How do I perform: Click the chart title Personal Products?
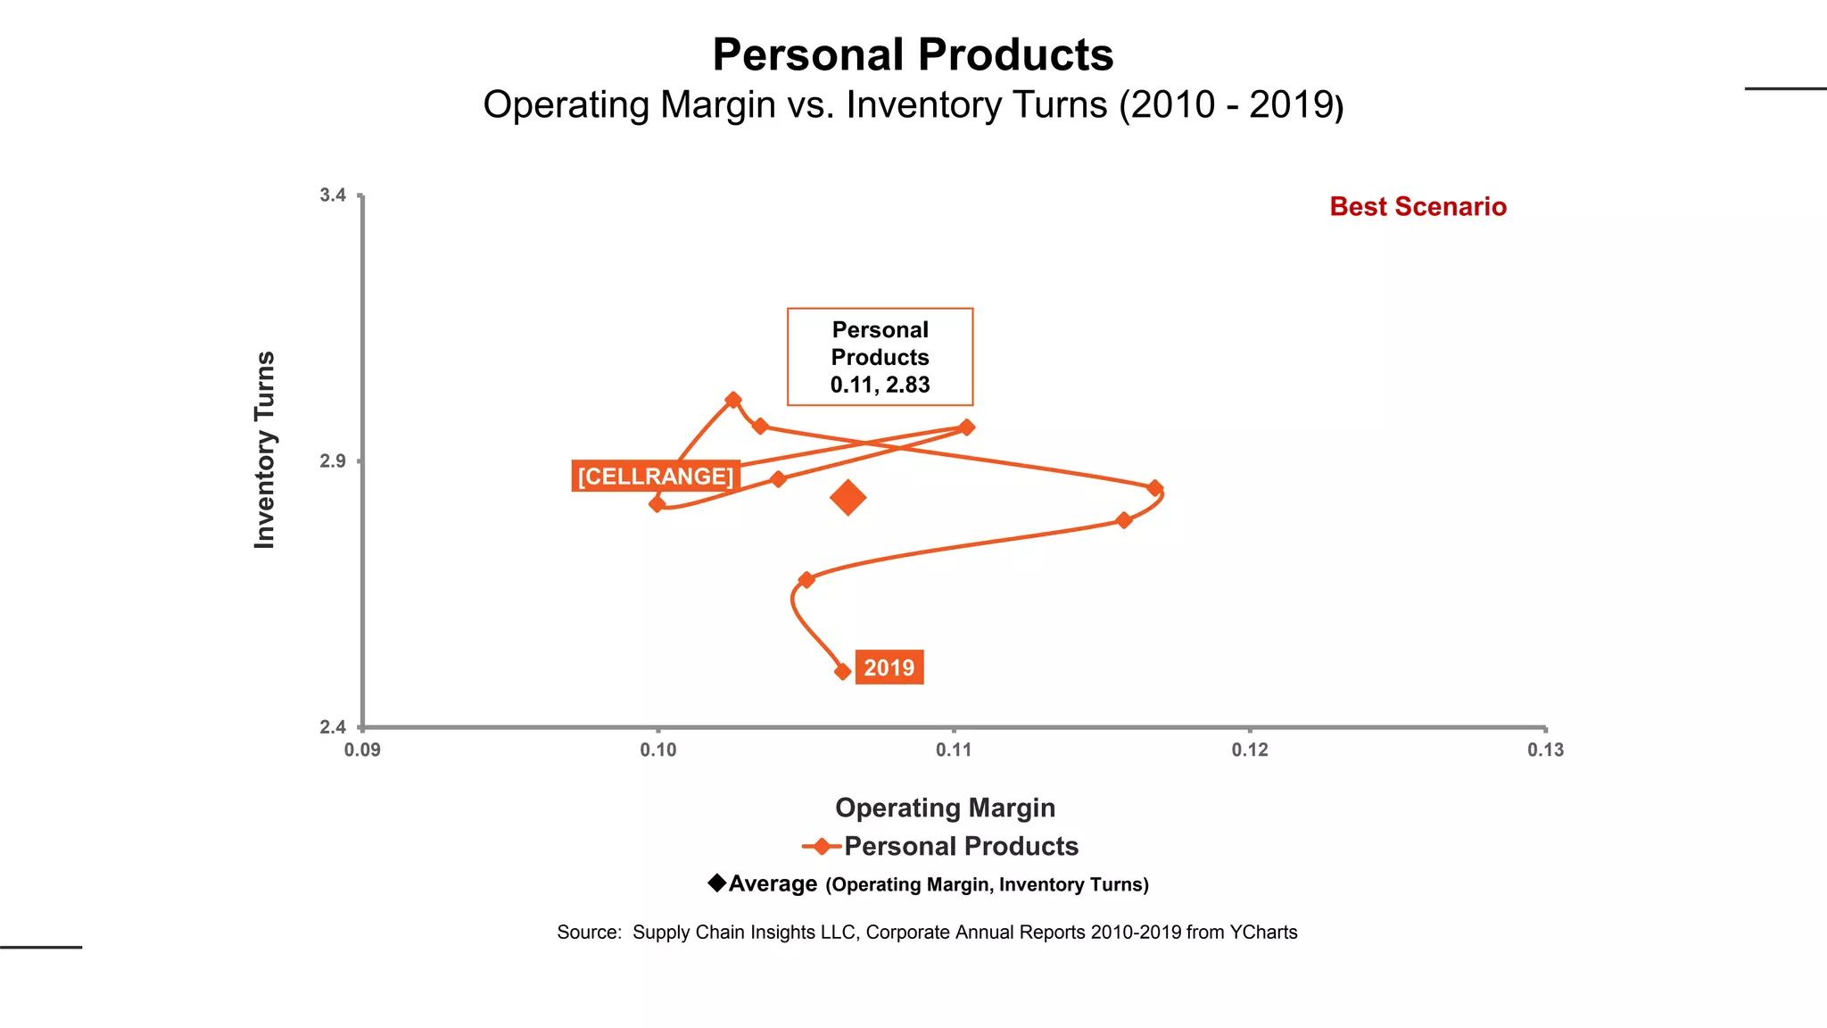[x=913, y=55]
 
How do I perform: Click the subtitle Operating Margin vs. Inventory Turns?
[x=913, y=105]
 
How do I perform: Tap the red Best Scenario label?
[x=1418, y=207]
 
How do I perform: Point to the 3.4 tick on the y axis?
[x=333, y=195]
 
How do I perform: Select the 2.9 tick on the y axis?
[x=333, y=461]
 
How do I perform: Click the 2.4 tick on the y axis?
[x=333, y=727]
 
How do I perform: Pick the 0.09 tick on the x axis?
[x=362, y=750]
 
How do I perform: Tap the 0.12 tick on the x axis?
[x=1249, y=750]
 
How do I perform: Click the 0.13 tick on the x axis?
[x=1545, y=750]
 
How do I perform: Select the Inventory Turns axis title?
[x=265, y=450]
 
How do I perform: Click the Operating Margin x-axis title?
[x=945, y=808]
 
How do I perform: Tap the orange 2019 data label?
[x=889, y=667]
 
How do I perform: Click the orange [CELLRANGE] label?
[x=655, y=477]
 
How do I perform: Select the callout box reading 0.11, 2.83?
[x=880, y=357]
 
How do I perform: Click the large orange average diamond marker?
[x=847, y=498]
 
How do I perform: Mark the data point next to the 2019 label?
[x=842, y=671]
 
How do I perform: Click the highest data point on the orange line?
[x=732, y=400]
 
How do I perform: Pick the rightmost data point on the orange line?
[x=1154, y=488]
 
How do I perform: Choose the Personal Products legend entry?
[x=960, y=846]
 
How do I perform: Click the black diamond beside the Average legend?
[x=716, y=883]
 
